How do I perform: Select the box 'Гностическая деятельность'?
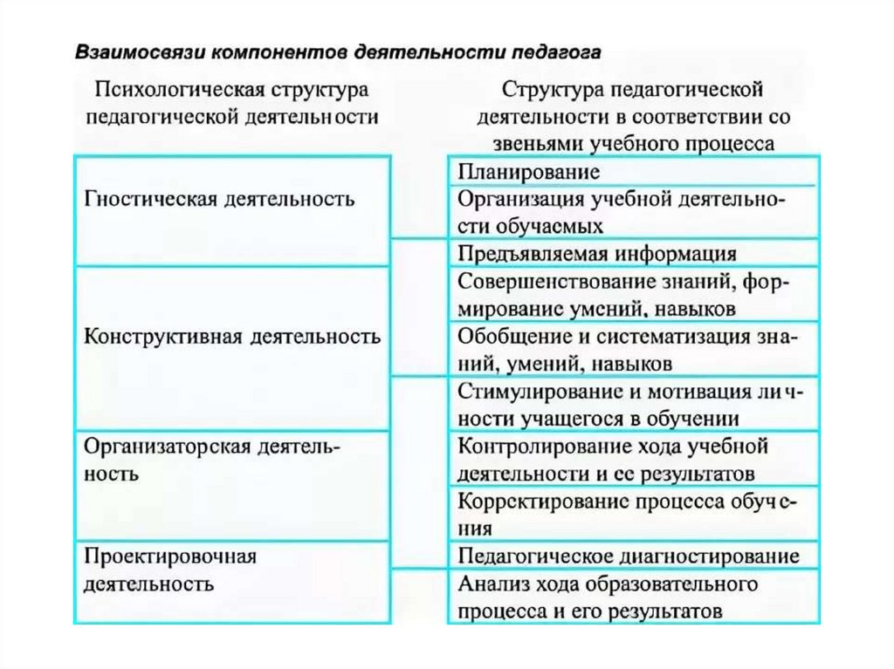(x=230, y=209)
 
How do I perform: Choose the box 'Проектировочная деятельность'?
(x=230, y=581)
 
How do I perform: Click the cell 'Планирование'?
(x=632, y=170)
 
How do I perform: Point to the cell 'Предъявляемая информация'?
(x=632, y=253)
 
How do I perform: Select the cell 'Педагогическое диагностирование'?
(x=632, y=556)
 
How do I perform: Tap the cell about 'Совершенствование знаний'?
(x=632, y=294)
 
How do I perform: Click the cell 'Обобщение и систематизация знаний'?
(x=632, y=348)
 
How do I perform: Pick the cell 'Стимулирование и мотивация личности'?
(x=632, y=403)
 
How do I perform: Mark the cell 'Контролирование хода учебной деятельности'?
(x=632, y=460)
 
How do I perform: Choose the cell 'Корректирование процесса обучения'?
(x=632, y=515)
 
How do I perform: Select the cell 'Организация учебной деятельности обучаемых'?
(x=632, y=212)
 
